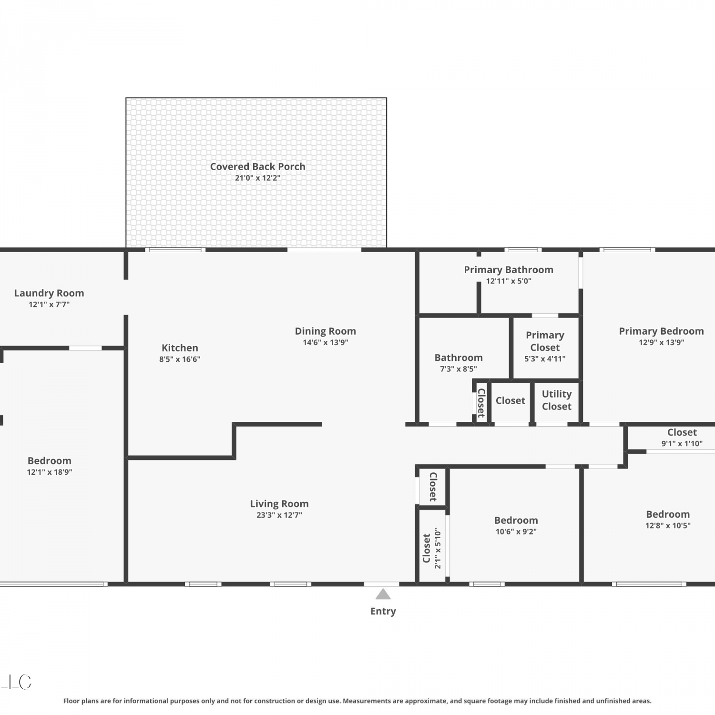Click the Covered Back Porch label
(257, 166)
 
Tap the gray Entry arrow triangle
(383, 594)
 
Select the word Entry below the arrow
(383, 611)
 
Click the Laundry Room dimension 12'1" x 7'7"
(49, 304)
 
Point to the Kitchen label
(180, 348)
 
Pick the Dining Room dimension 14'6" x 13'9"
(326, 342)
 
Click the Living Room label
(279, 504)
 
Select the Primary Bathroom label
(509, 270)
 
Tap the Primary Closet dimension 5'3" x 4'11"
(545, 359)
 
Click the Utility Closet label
(557, 400)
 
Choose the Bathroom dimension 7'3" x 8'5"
(459, 369)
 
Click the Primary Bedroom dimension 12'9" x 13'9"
(662, 342)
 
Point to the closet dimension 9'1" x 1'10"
(682, 443)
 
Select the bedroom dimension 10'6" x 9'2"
(516, 531)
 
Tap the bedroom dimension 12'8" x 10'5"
(668, 525)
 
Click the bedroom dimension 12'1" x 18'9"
(50, 472)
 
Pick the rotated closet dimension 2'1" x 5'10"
(438, 548)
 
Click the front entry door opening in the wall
(382, 584)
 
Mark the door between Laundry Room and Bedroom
(85, 348)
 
